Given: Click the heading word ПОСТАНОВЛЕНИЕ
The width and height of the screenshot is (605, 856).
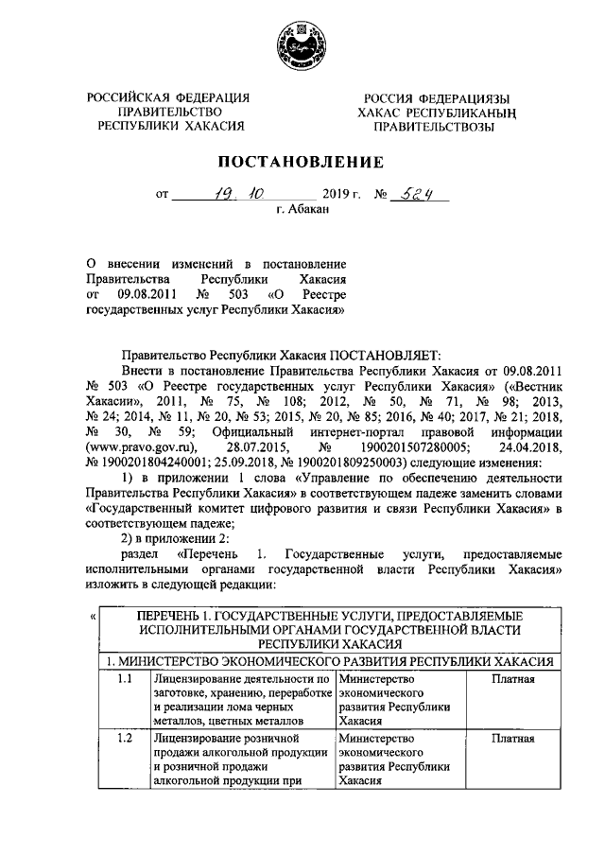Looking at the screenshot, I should pyautogui.click(x=302, y=161).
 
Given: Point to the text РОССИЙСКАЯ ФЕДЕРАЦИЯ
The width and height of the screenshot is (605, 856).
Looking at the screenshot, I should pyautogui.click(x=167, y=98).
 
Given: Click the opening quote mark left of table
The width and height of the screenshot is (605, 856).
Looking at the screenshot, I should pyautogui.click(x=92, y=617).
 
